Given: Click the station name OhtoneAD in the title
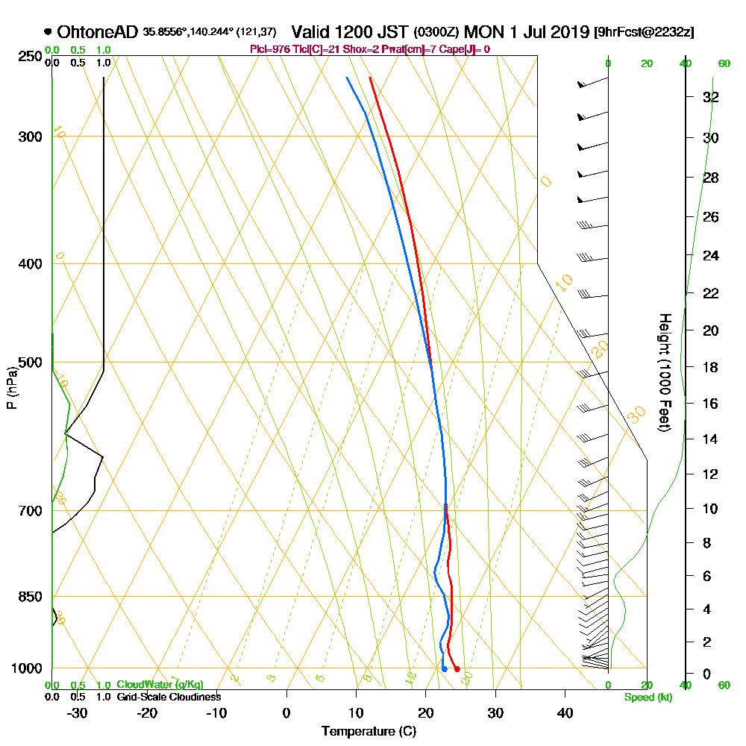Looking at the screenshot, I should click(x=97, y=32).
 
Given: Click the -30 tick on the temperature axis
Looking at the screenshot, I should click(x=77, y=712).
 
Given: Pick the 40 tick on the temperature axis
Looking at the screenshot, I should click(x=565, y=712).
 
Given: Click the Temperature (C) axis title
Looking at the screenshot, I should click(x=369, y=731).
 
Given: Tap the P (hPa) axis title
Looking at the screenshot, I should click(x=11, y=387).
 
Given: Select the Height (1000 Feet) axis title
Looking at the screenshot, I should click(x=662, y=372).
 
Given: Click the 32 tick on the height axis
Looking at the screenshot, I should click(x=710, y=97).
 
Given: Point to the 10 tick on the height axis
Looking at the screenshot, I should click(x=710, y=509).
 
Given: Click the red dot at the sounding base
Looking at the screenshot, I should click(x=457, y=669).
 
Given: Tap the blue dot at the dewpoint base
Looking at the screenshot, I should click(x=444, y=669).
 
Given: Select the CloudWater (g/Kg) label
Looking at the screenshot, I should click(x=160, y=685).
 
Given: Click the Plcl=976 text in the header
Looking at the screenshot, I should click(x=269, y=49).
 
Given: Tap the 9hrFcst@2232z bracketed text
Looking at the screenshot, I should click(x=644, y=33).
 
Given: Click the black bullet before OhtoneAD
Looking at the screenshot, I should click(x=48, y=32).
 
